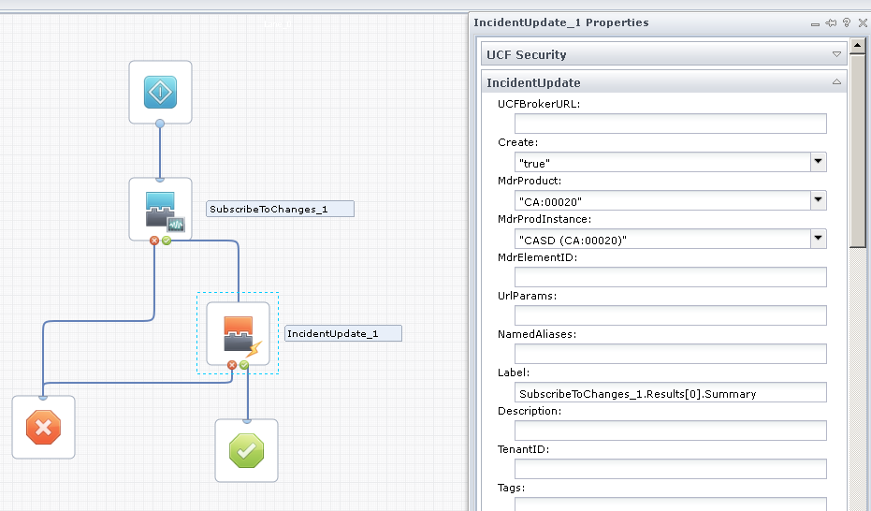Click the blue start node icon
(x=160, y=93)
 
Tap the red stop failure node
(x=43, y=428)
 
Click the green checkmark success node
(x=246, y=450)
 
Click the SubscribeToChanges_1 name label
(x=280, y=209)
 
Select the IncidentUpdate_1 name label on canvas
(x=343, y=333)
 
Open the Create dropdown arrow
(x=819, y=162)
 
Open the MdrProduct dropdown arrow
(x=819, y=200)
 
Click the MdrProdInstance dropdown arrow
(x=819, y=239)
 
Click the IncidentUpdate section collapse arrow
(x=836, y=83)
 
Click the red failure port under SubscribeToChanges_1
(x=154, y=241)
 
